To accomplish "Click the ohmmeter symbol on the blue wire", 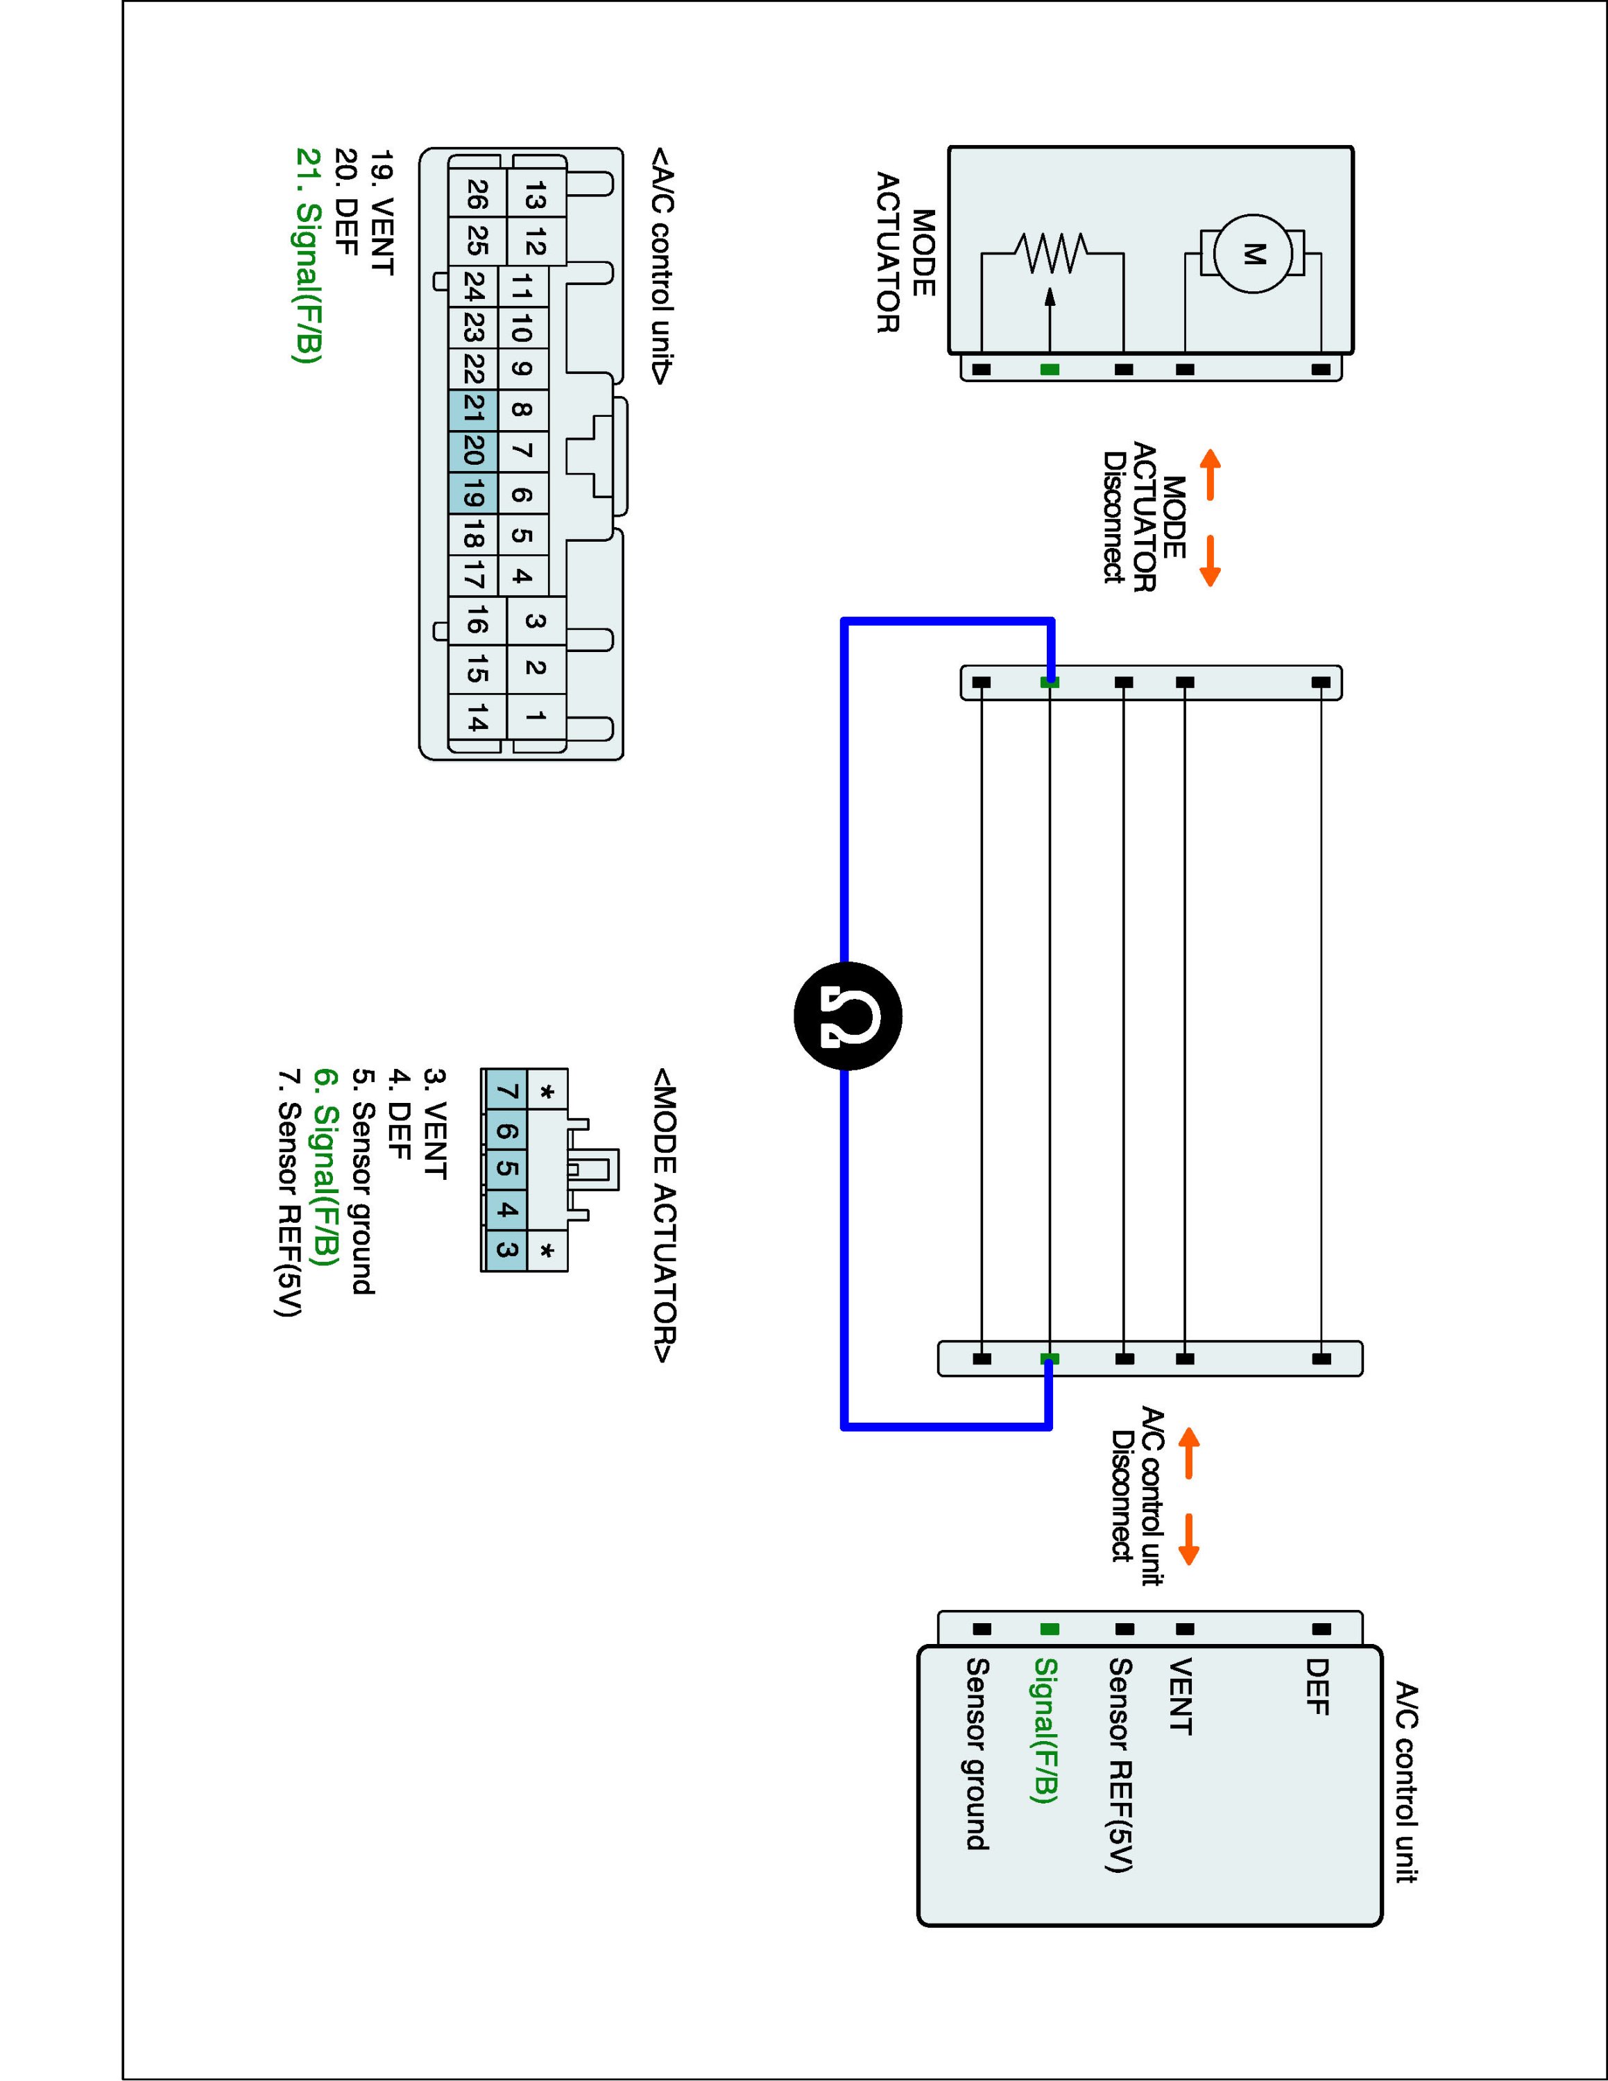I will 847,1016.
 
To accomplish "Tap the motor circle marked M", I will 1253,253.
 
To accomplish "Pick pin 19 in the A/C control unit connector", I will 473,494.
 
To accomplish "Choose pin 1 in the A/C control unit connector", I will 536,714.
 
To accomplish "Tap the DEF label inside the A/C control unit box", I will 1317,1686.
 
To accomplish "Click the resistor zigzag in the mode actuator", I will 1051,253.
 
